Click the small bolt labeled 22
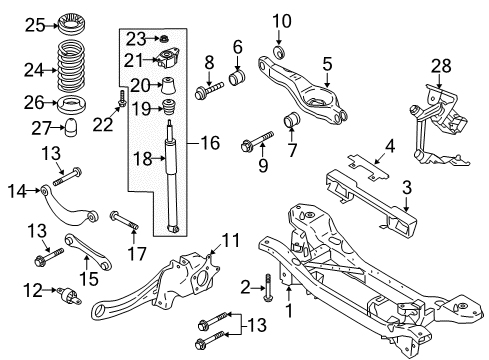[122, 103]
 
